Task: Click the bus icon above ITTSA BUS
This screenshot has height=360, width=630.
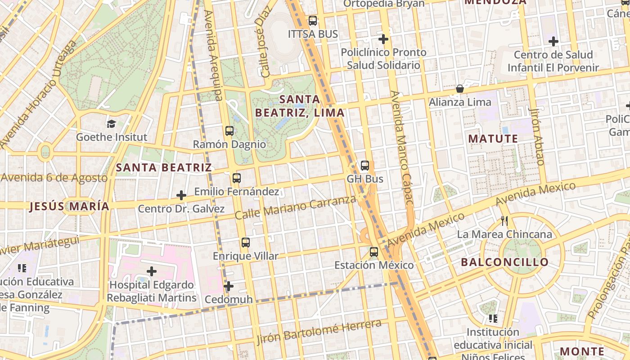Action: (312, 21)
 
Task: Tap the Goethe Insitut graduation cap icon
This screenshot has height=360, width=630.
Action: (111, 123)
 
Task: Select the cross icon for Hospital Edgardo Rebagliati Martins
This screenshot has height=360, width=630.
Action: (152, 271)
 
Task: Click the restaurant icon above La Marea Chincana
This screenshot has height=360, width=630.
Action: (504, 221)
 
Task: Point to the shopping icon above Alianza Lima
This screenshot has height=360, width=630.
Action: (460, 89)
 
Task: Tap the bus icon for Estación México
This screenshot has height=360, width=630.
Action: (374, 252)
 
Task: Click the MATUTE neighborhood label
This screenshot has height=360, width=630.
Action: (493, 139)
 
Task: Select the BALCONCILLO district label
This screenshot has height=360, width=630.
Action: (505, 262)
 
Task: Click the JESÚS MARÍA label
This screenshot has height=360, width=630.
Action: (69, 207)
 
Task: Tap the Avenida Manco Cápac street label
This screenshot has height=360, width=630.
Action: (401, 148)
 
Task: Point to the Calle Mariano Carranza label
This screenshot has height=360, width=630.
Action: (296, 208)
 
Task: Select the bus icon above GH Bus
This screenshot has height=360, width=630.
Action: (364, 166)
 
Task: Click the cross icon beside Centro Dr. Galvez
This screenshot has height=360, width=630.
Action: (181, 195)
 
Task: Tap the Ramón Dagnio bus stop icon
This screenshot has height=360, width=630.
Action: (229, 131)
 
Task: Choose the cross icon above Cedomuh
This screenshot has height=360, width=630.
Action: (229, 286)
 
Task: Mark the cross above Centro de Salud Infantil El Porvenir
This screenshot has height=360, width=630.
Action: (553, 41)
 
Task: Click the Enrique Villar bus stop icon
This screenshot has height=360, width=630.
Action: (245, 243)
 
